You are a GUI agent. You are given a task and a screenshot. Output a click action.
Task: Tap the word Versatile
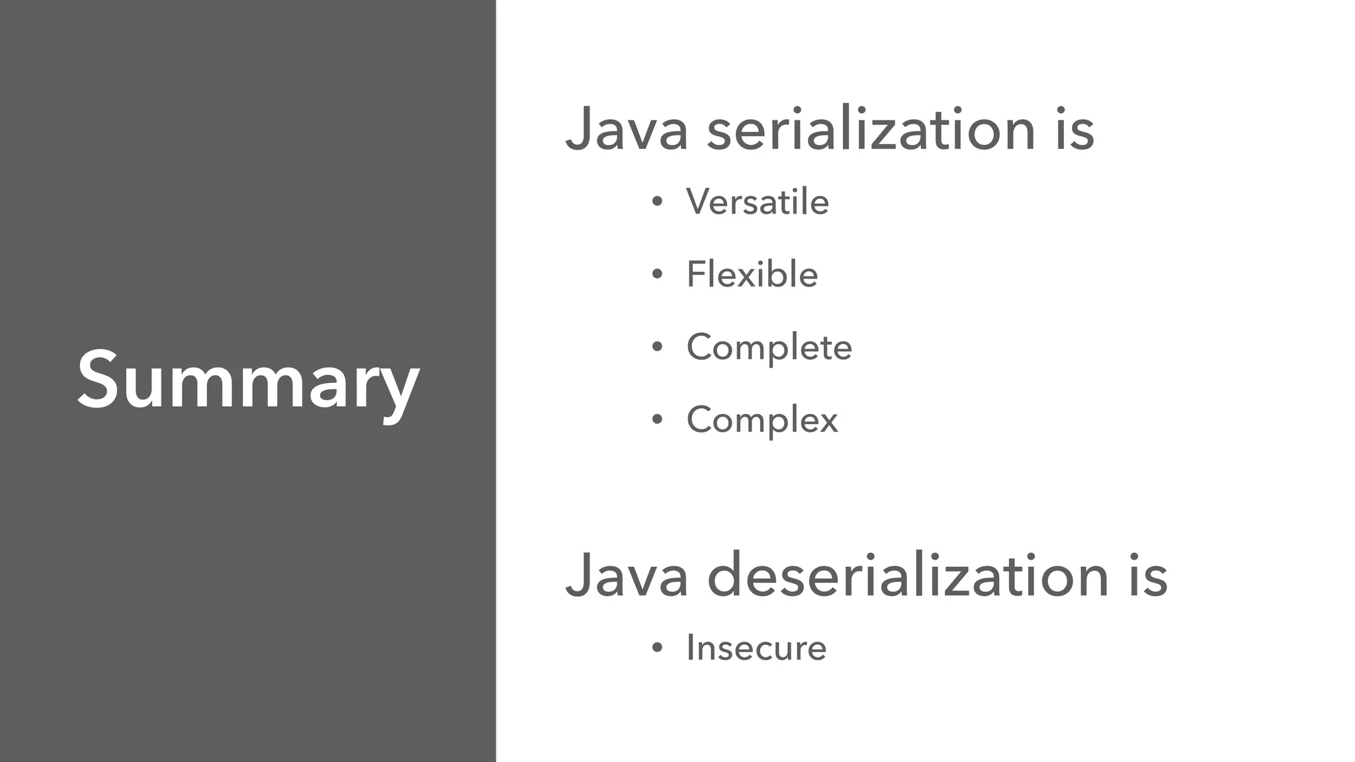(x=757, y=201)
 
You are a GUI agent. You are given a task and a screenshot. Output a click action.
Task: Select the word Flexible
(x=752, y=274)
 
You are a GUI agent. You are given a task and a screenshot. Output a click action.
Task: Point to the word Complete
(x=769, y=347)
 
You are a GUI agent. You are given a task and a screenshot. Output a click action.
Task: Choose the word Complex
(x=762, y=419)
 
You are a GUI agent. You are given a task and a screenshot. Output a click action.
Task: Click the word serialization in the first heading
(x=871, y=129)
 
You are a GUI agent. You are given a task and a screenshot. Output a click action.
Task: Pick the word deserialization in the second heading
(x=907, y=575)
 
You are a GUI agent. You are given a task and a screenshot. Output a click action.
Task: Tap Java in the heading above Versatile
(x=626, y=129)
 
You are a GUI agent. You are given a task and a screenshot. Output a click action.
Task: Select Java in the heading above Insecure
(x=626, y=575)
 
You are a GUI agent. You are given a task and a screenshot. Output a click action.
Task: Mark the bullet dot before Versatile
(x=656, y=202)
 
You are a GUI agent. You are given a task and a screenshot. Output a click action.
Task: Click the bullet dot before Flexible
(x=656, y=275)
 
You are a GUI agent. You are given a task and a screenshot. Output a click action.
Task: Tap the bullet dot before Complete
(x=656, y=348)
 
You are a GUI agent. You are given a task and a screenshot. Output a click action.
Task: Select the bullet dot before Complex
(x=656, y=421)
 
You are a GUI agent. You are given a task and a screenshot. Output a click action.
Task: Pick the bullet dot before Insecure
(x=656, y=648)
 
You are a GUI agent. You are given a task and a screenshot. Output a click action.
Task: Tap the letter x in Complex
(x=827, y=421)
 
